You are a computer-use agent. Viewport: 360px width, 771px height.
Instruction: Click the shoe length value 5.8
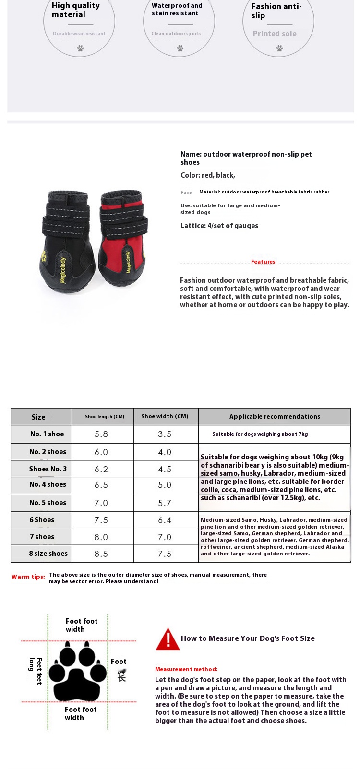(101, 434)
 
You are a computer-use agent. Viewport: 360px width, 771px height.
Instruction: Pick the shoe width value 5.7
(165, 503)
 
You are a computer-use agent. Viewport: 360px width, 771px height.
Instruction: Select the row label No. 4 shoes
(48, 484)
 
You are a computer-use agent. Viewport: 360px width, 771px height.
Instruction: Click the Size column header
(38, 417)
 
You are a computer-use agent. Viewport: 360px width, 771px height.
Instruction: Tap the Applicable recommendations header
(275, 416)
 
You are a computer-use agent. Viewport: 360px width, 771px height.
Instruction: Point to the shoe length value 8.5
(101, 554)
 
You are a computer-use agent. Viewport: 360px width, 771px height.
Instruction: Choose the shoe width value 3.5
(165, 434)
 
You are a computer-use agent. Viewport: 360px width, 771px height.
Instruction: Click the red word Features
(263, 262)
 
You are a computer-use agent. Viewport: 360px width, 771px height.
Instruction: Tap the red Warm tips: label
(28, 577)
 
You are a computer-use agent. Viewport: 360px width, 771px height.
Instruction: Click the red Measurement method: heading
(186, 669)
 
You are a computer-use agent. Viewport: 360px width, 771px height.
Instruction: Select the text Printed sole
(275, 34)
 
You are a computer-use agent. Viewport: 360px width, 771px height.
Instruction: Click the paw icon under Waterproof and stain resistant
(180, 48)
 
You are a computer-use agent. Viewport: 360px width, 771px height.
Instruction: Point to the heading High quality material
(76, 10)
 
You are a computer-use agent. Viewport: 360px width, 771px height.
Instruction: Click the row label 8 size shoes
(48, 554)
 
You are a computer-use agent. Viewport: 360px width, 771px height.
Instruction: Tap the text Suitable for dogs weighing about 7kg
(260, 434)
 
